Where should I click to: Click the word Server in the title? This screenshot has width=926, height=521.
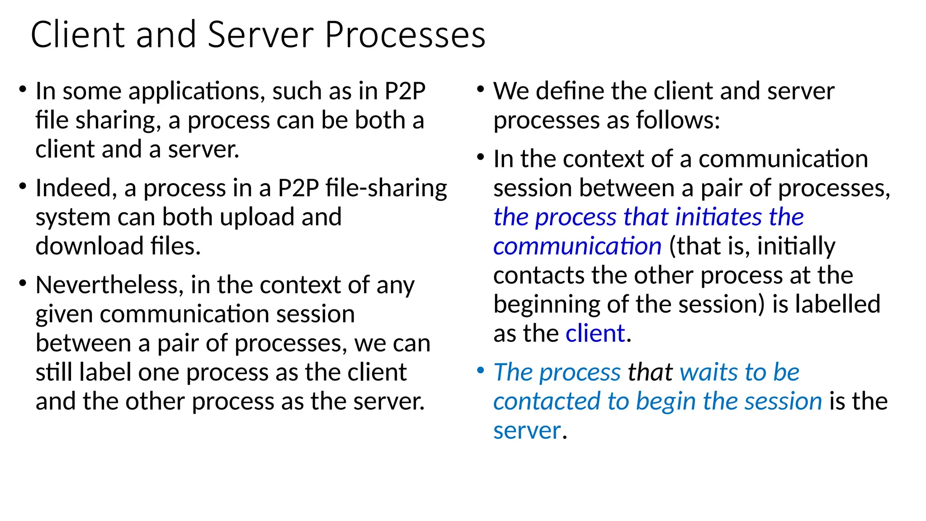(x=260, y=35)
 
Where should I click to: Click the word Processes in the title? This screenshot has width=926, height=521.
(x=405, y=35)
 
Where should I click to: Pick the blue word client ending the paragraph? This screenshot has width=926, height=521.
(x=595, y=334)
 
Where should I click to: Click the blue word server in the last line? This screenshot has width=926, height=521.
(x=527, y=431)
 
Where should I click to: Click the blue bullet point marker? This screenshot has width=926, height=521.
(x=481, y=371)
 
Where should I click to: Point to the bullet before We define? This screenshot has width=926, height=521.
(x=481, y=90)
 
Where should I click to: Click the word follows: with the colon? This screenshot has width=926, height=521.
(x=678, y=121)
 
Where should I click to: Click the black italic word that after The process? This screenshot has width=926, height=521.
(x=650, y=373)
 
